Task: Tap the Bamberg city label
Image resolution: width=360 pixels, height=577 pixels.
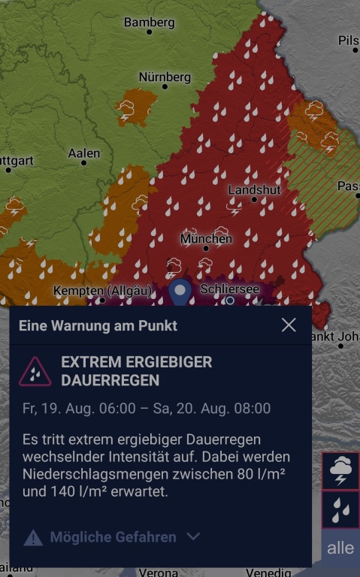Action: [149, 23]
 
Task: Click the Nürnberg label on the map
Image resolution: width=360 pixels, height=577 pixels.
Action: [165, 77]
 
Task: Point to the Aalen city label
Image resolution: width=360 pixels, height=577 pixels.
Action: [83, 153]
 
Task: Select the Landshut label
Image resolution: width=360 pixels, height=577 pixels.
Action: [254, 190]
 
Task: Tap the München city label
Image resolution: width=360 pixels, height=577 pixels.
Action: [206, 239]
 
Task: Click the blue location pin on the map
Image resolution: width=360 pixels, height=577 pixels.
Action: [180, 292]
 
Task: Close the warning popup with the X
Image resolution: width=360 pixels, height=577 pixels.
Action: [289, 325]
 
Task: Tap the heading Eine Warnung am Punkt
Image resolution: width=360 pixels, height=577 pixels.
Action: [98, 326]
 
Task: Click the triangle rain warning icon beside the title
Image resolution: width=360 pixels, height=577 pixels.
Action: [35, 371]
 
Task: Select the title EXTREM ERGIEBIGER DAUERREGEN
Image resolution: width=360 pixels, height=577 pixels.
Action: [136, 371]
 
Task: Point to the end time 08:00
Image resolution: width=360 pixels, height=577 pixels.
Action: [253, 409]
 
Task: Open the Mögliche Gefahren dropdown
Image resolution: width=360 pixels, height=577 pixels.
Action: [113, 536]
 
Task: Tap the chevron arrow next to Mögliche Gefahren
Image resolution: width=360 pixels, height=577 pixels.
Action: [193, 536]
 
